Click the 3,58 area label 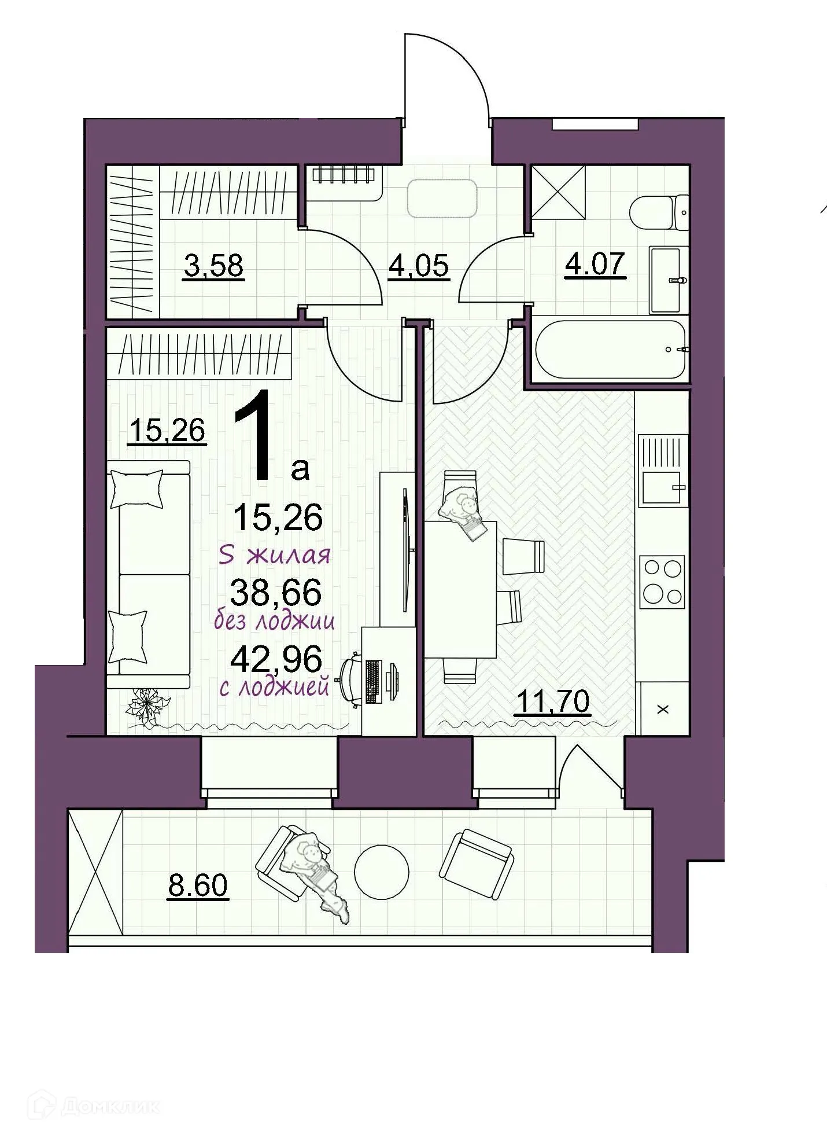click(213, 267)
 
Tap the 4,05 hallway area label click(419, 266)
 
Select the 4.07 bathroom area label click(595, 264)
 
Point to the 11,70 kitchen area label click(552, 701)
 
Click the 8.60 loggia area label click(198, 885)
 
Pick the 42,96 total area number click(276, 659)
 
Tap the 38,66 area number click(276, 592)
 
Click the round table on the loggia click(381, 872)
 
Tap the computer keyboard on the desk click(373, 681)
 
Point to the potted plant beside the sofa click(149, 706)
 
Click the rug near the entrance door click(443, 198)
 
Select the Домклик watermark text click(110, 1107)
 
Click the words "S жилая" click(275, 556)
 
